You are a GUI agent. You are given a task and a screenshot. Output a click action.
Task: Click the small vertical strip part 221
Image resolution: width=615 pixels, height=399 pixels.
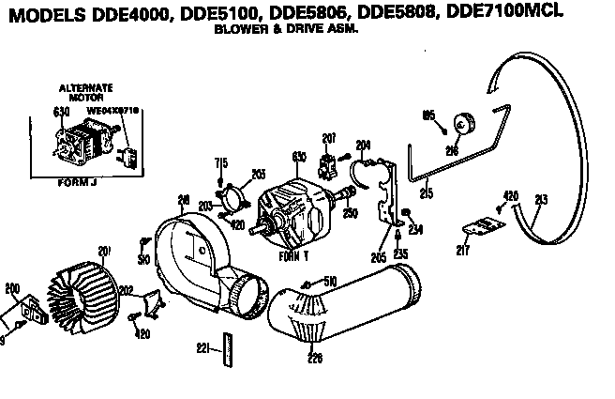coord(226,347)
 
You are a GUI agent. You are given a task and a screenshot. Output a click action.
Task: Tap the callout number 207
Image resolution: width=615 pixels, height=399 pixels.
coord(328,138)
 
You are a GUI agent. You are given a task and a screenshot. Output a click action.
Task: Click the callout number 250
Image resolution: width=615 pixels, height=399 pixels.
coord(352,215)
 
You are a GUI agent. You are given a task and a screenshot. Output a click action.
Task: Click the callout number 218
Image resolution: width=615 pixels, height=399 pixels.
coord(184,199)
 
